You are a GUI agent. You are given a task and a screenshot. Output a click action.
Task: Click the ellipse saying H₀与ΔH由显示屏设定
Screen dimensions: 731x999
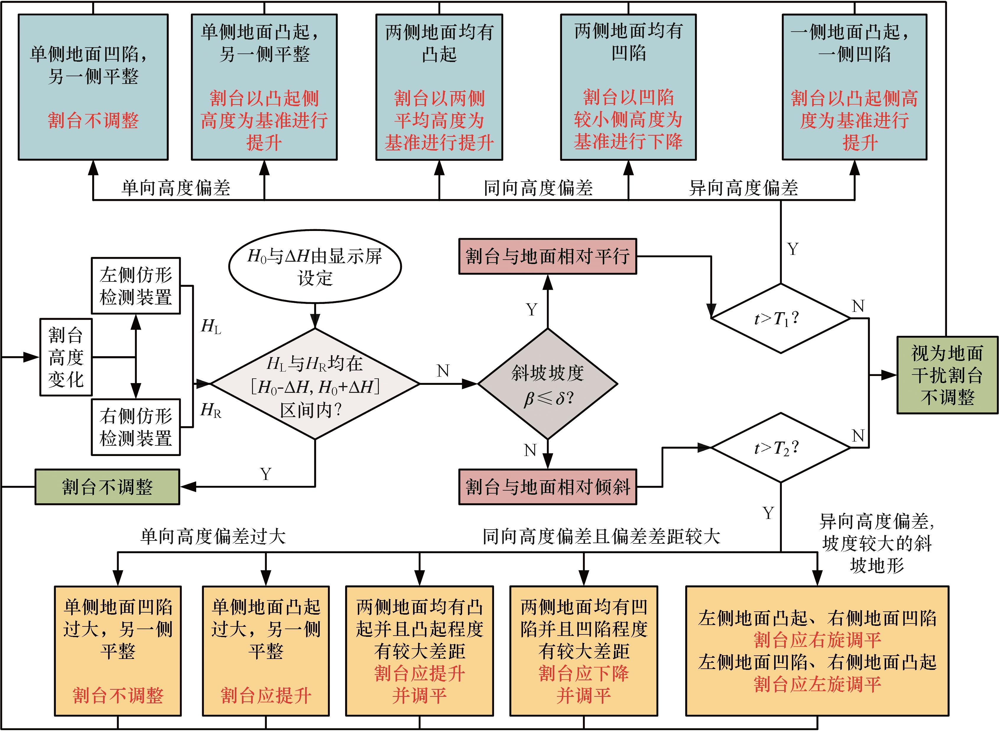pyautogui.click(x=315, y=267)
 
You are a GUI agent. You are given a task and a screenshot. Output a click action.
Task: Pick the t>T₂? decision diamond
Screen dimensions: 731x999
pyautogui.click(x=780, y=448)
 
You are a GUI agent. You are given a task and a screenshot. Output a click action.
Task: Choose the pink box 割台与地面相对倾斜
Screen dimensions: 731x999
pyautogui.click(x=548, y=487)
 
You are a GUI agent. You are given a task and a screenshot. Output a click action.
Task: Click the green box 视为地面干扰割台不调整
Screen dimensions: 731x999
pyautogui.click(x=947, y=375)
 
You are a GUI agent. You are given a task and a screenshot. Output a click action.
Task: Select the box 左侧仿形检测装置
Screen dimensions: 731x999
pyautogui.click(x=136, y=286)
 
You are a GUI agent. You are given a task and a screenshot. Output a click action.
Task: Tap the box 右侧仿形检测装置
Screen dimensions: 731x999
pyautogui.click(x=136, y=427)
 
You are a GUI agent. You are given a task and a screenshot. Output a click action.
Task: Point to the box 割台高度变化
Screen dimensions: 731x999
pyautogui.click(x=66, y=357)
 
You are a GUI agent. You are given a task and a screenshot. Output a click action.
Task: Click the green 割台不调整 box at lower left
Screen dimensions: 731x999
pyautogui.click(x=107, y=487)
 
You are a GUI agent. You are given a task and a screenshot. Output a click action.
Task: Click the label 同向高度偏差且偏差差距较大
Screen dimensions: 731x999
pyautogui.click(x=601, y=536)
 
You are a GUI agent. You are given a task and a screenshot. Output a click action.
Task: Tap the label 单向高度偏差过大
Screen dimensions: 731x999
pyautogui.click(x=213, y=536)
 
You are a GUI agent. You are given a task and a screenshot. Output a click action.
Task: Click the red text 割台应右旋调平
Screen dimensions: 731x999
pyautogui.click(x=817, y=640)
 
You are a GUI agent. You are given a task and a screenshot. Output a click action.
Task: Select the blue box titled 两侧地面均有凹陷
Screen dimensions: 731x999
pyautogui.click(x=628, y=87)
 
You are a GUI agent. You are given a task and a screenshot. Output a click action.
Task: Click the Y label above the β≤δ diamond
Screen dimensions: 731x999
pyautogui.click(x=532, y=309)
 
